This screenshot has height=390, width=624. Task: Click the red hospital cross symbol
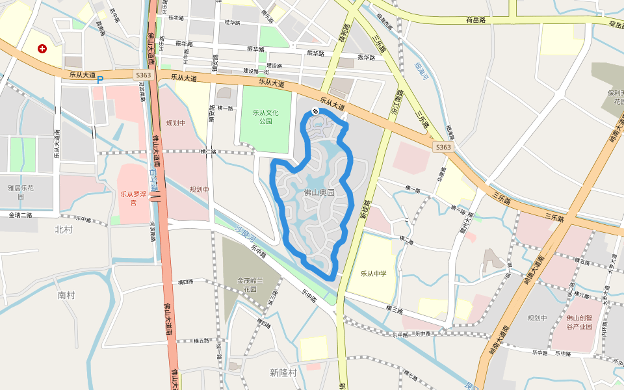point(42,48)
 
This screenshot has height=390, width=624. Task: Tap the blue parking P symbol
point(100,80)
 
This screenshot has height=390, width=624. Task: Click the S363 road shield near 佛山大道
point(144,75)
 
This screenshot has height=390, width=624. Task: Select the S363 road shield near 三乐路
point(443,147)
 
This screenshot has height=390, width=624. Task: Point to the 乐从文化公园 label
point(265,117)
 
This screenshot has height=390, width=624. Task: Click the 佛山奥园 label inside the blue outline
point(318,192)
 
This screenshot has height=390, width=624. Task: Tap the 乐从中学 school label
point(373,273)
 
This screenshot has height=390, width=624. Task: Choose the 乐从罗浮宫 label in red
point(133,198)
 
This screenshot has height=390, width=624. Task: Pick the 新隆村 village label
point(283,372)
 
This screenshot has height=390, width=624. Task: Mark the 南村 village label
point(66,295)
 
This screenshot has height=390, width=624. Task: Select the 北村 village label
point(64,229)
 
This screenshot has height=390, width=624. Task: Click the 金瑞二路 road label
point(20,214)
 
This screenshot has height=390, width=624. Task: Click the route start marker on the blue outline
point(315,111)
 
